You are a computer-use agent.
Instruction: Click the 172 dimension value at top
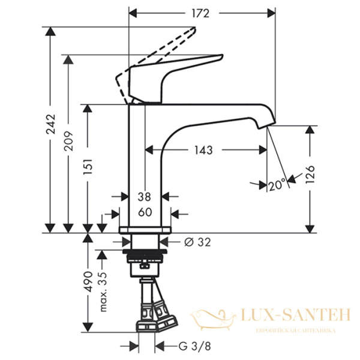pyautogui.click(x=203, y=12)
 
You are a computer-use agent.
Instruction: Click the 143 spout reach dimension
pyautogui.click(x=204, y=150)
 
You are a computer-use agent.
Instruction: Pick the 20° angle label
pyautogui.click(x=277, y=186)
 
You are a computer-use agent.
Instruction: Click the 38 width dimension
pyautogui.click(x=145, y=196)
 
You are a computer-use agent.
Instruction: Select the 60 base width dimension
pyautogui.click(x=145, y=212)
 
